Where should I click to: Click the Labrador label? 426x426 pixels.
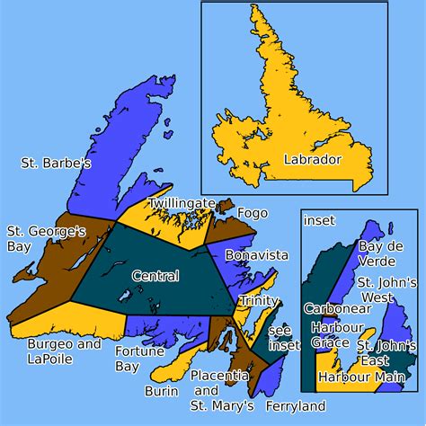[312, 159]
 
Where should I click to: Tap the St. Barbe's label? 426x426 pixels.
[57, 164]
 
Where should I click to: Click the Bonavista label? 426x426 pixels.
[256, 255]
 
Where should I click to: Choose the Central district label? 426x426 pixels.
[155, 275]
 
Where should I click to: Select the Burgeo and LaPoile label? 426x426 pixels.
[64, 351]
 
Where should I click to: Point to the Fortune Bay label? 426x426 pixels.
[139, 358]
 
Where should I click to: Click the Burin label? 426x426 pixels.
[160, 392]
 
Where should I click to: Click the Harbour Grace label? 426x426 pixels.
[330, 333]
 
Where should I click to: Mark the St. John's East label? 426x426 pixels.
[386, 353]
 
